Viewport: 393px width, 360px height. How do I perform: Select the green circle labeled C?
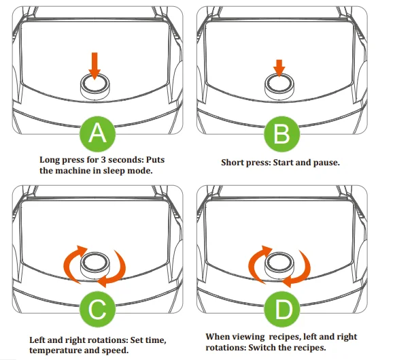[98, 310]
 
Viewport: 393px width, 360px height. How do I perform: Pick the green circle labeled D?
[282, 310]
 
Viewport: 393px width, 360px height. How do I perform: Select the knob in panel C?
[95, 263]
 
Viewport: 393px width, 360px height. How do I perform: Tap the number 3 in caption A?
[103, 159]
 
